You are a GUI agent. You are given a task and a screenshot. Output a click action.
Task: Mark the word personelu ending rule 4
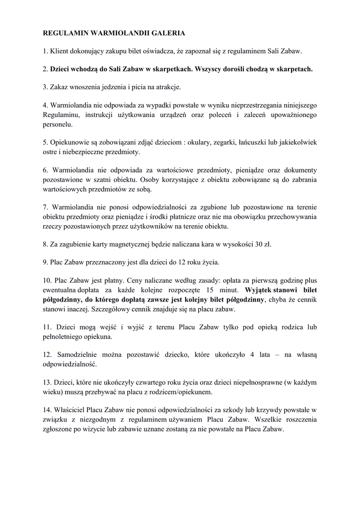click(58, 124)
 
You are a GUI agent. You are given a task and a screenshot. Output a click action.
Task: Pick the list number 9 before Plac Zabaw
click(45, 262)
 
